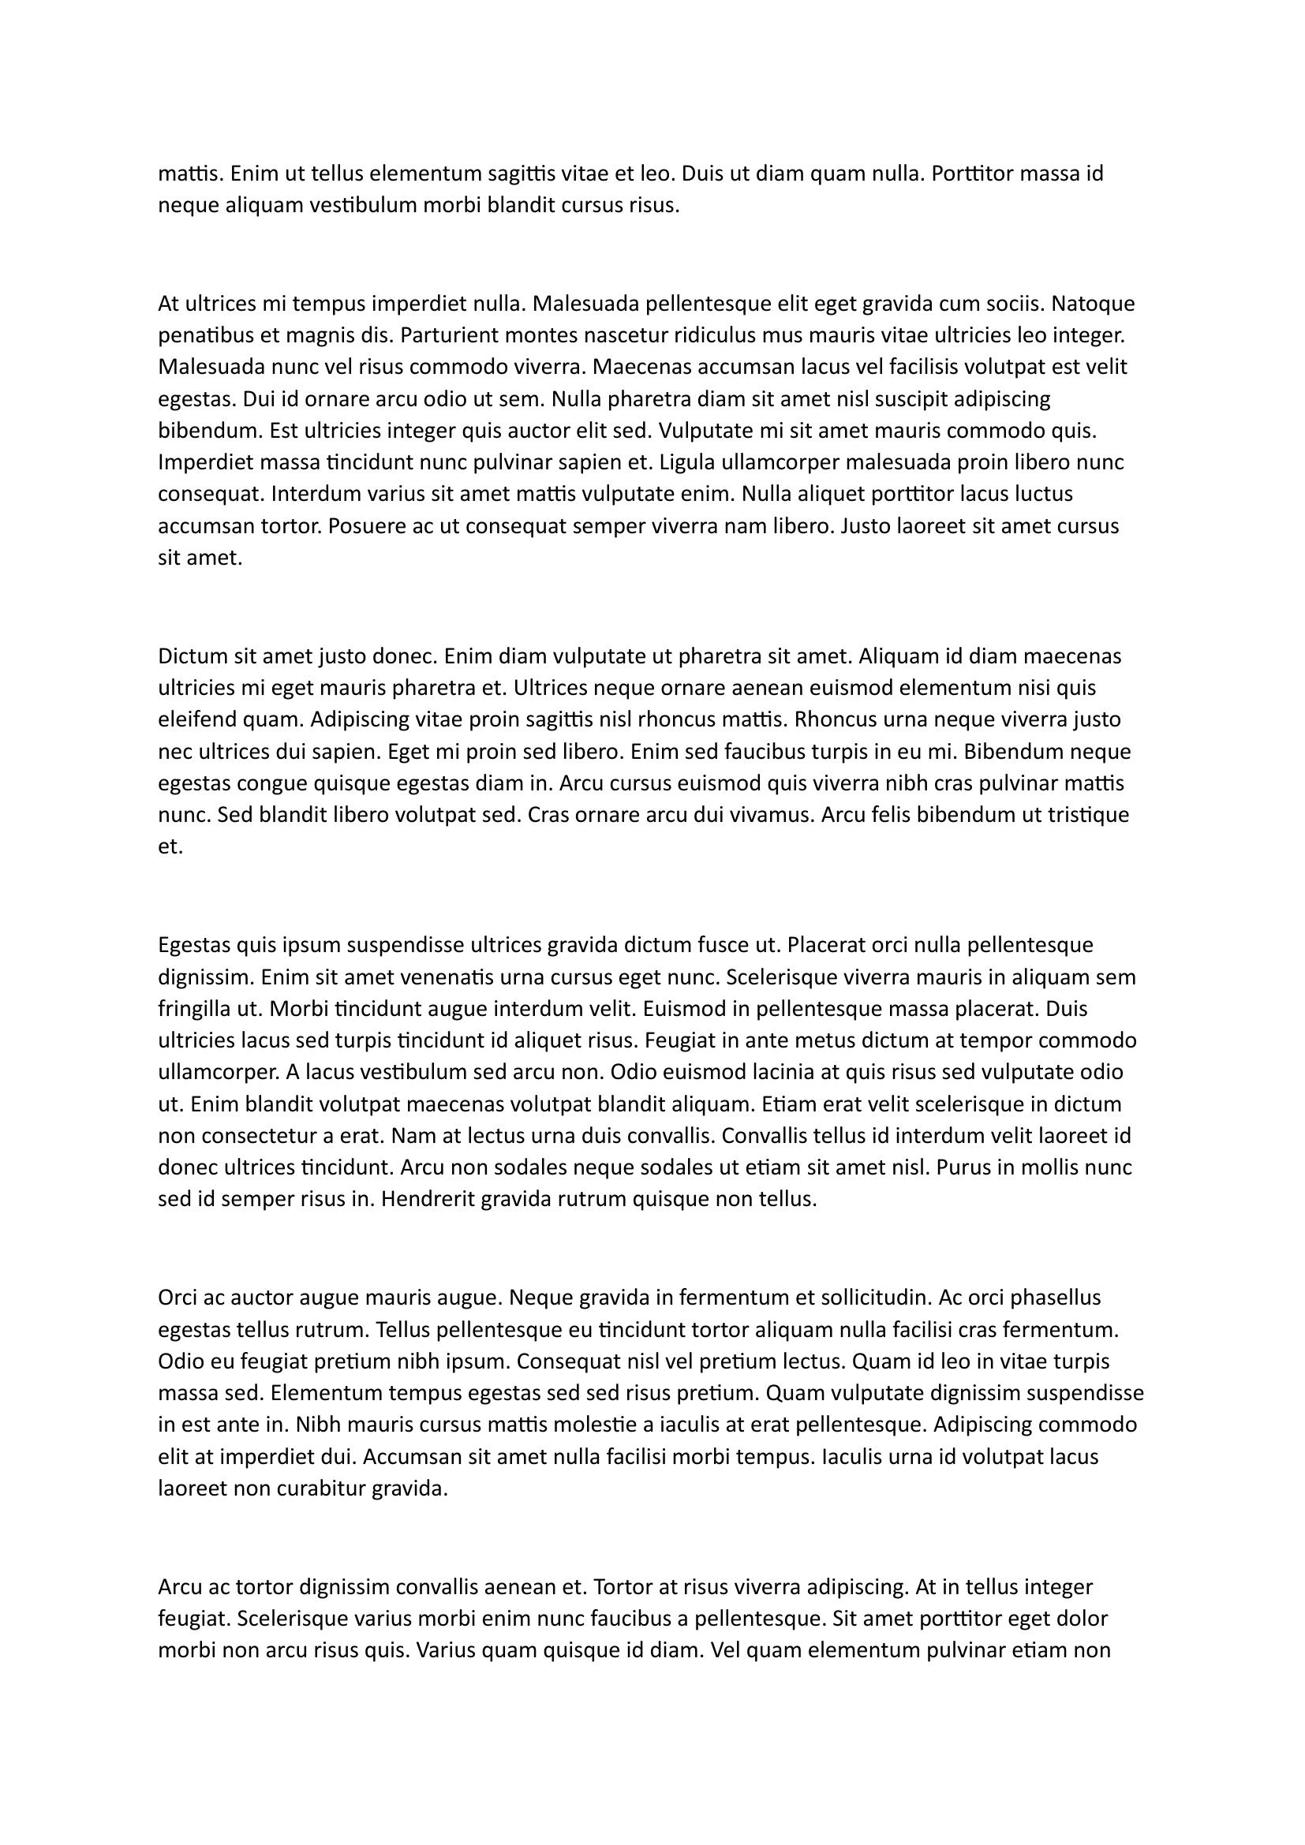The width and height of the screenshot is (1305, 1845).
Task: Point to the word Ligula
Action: (x=686, y=462)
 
